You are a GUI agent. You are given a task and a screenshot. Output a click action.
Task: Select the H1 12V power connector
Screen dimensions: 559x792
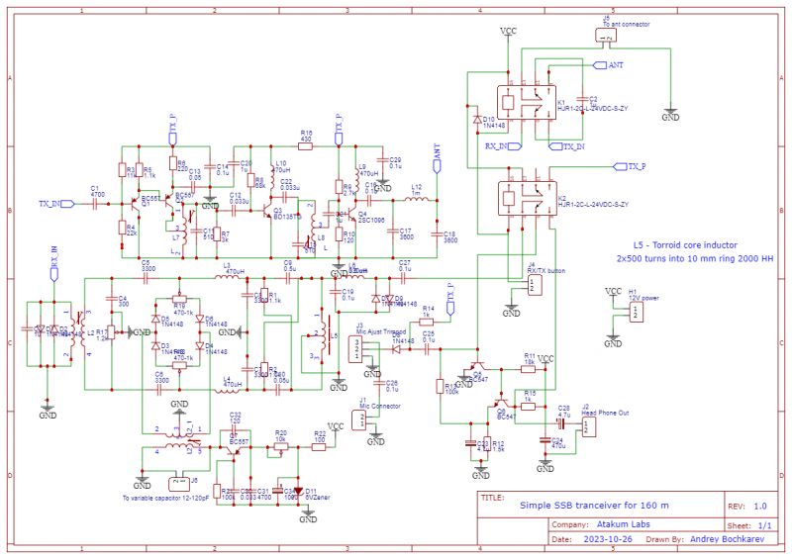[x=634, y=311]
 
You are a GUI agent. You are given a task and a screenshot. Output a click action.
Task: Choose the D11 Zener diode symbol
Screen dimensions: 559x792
[x=298, y=490]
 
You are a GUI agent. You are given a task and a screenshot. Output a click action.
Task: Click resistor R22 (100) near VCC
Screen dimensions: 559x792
[x=319, y=445]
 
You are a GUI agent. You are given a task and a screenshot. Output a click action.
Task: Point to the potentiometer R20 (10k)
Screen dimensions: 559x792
[x=281, y=445]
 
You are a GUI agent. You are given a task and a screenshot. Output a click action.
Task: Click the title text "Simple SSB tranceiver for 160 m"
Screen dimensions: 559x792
[x=594, y=505]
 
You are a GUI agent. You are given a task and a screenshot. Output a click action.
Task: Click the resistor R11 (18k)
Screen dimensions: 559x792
[x=530, y=364]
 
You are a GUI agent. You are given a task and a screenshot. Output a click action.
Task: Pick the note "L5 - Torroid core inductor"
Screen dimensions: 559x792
[x=685, y=243]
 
